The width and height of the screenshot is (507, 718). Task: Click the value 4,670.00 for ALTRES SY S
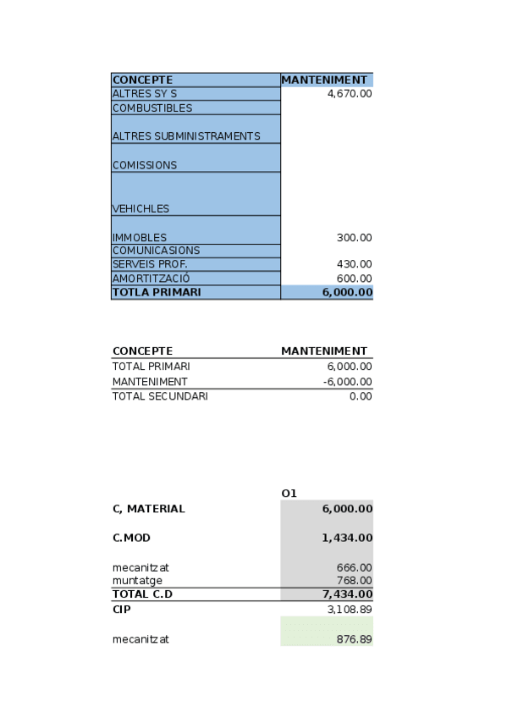click(x=349, y=94)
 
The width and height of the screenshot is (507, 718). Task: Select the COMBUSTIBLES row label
click(x=152, y=108)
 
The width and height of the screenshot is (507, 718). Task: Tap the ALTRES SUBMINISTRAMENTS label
click(x=186, y=136)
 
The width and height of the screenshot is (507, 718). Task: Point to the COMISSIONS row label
click(x=145, y=165)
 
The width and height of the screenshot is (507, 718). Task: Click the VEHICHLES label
click(x=141, y=208)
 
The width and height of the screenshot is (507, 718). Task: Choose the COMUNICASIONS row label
click(x=156, y=251)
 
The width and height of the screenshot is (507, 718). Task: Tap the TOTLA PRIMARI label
click(x=157, y=292)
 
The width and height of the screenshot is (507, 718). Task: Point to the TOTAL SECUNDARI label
click(x=159, y=396)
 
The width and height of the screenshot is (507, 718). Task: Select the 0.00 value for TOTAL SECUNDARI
click(x=360, y=396)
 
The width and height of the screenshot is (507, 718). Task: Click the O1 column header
click(x=289, y=494)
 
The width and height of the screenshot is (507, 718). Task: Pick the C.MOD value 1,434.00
click(x=347, y=538)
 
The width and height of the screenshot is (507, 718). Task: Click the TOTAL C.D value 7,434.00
click(x=347, y=594)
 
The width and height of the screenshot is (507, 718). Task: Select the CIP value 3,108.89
click(x=349, y=609)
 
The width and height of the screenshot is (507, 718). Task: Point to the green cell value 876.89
click(x=353, y=639)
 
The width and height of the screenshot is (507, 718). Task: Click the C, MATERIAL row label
click(x=148, y=509)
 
